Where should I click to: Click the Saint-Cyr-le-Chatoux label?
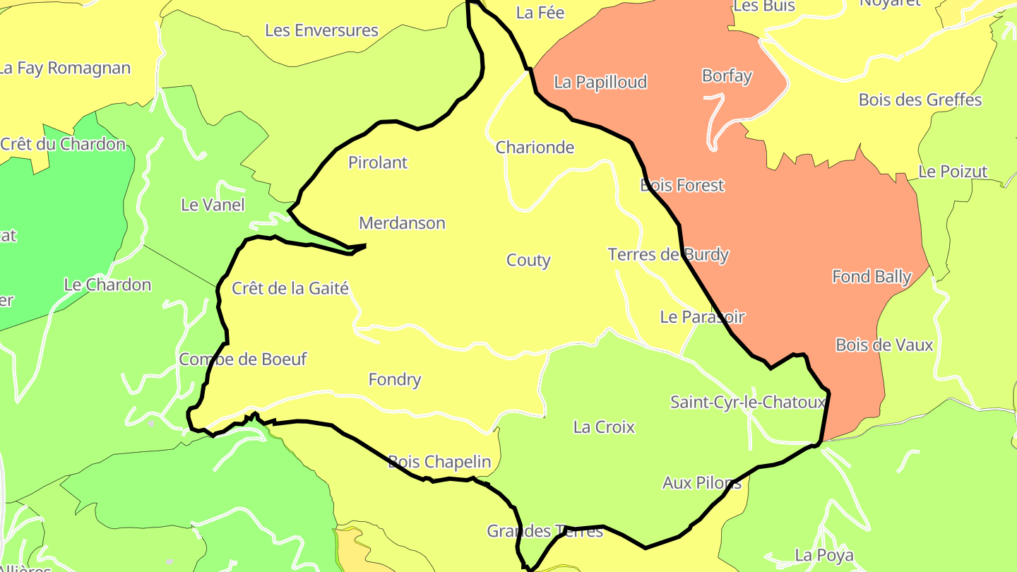click(x=748, y=403)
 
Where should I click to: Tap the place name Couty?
click(x=528, y=261)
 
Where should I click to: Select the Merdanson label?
click(x=402, y=223)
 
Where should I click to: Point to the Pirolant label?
click(x=378, y=162)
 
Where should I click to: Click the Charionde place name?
click(x=535, y=148)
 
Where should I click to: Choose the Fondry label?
click(x=395, y=380)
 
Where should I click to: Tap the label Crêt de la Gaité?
click(x=290, y=288)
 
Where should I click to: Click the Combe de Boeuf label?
click(x=243, y=359)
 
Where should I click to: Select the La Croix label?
click(x=604, y=427)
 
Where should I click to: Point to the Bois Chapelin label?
click(x=439, y=462)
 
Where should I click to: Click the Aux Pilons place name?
click(x=702, y=483)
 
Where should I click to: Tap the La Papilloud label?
click(x=600, y=82)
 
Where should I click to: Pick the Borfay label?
click(x=727, y=76)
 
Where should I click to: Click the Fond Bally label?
click(x=872, y=276)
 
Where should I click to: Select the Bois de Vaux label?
click(x=884, y=345)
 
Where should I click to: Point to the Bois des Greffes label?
click(x=920, y=100)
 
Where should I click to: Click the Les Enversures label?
click(x=321, y=30)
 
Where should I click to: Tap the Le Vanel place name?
click(x=213, y=205)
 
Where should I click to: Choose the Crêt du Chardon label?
click(x=63, y=144)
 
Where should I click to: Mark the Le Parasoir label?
click(x=702, y=317)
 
